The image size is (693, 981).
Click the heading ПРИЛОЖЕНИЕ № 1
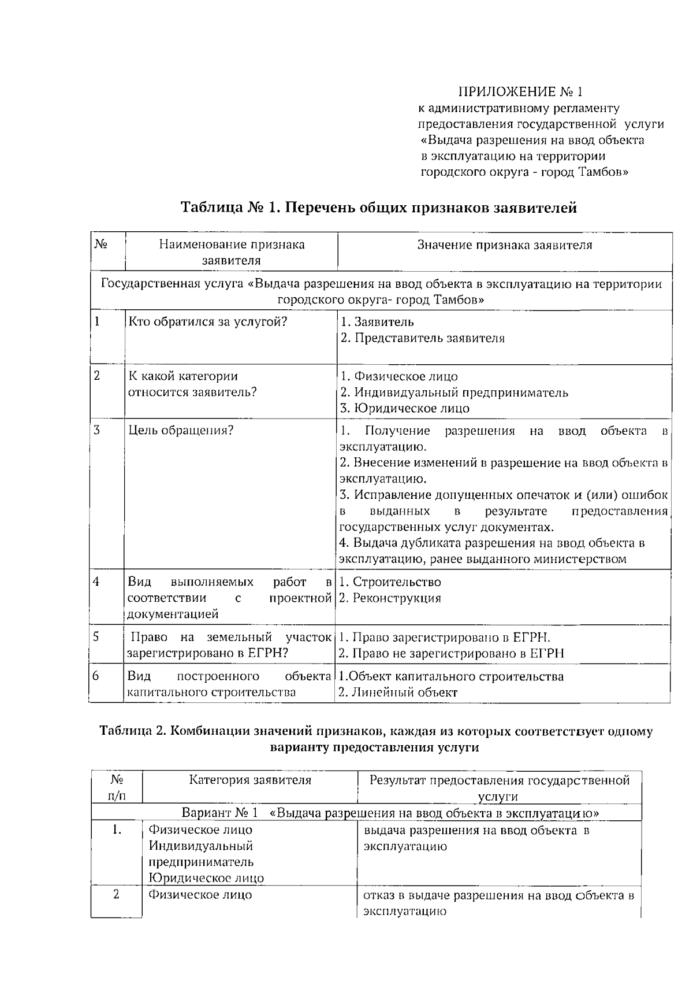tap(521, 91)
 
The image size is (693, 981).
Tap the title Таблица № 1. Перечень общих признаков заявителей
tap(379, 208)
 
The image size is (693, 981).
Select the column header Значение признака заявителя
tap(505, 245)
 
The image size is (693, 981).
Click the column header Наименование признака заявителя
tap(232, 252)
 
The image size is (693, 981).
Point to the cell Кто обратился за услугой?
tap(207, 322)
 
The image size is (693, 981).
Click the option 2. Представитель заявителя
tap(422, 338)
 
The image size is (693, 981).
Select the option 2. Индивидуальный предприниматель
tap(454, 393)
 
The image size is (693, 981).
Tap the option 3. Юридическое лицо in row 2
tap(404, 408)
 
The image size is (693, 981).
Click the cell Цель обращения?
tap(181, 430)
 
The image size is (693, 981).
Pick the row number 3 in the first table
tap(97, 430)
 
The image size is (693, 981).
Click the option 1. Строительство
tap(390, 582)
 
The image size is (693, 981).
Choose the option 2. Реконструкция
tap(390, 598)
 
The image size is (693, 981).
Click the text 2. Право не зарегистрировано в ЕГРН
tap(451, 654)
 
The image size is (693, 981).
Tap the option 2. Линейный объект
tap(398, 693)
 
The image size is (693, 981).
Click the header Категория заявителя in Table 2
tap(250, 780)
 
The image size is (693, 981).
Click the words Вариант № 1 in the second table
tap(219, 813)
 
